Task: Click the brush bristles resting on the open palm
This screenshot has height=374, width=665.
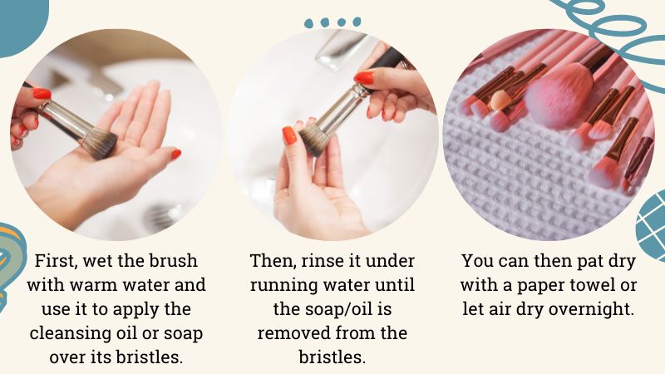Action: tap(100, 144)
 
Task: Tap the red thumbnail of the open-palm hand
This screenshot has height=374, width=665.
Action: tap(176, 155)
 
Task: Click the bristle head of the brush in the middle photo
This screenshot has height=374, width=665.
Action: tap(314, 140)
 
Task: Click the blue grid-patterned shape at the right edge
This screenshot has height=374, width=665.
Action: tap(652, 225)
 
